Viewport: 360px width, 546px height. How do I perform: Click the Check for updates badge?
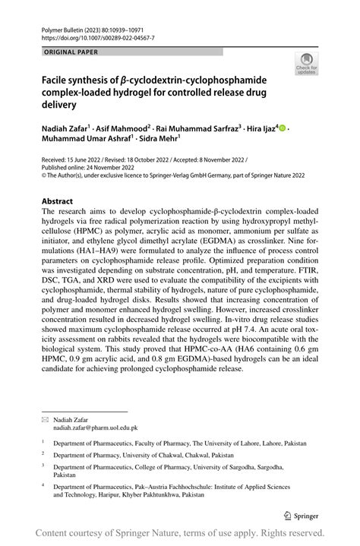point(306,64)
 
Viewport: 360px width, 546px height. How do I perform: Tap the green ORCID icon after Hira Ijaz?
point(283,129)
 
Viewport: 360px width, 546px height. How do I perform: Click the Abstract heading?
point(59,202)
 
